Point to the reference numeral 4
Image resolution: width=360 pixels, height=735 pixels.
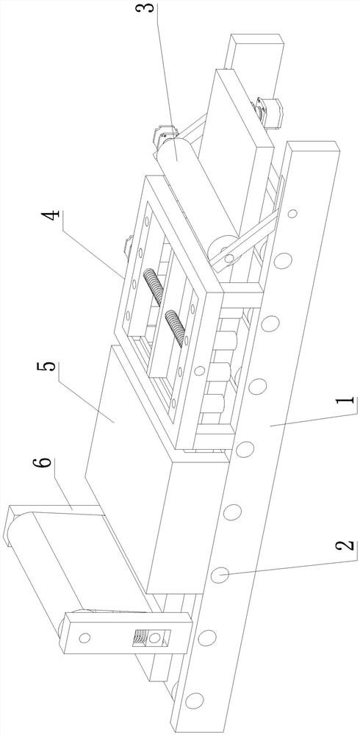52,220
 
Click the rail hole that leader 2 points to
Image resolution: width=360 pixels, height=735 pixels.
220,574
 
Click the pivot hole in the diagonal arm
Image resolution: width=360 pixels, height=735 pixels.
228,257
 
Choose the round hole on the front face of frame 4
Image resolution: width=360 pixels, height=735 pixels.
200,370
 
